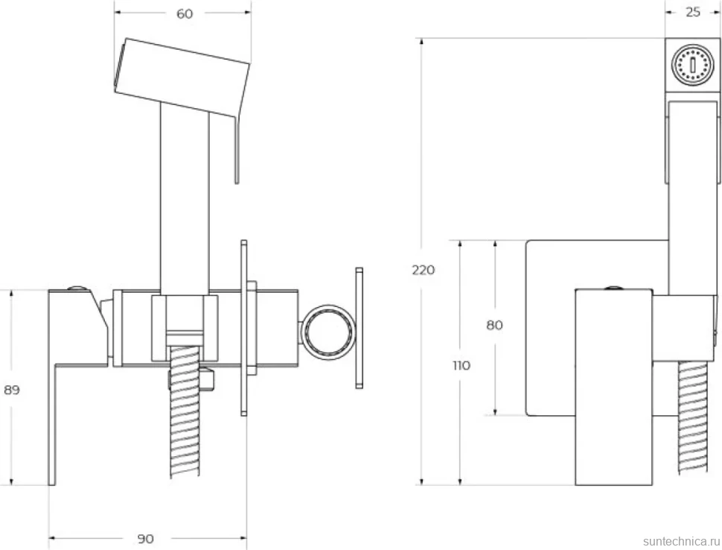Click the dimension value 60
click(x=185, y=14)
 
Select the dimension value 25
click(x=692, y=13)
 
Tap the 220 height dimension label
click(x=424, y=270)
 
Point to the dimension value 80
click(x=494, y=325)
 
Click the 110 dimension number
click(x=461, y=366)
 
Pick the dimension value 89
click(x=11, y=390)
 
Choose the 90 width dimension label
click(x=145, y=539)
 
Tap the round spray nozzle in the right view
click(x=692, y=65)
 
